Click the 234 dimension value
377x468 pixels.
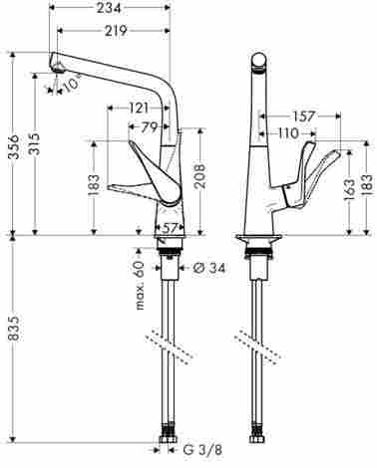[x=109, y=8]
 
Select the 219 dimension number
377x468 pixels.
[x=116, y=31]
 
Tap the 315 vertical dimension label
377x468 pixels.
[x=36, y=143]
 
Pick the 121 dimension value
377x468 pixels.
[x=138, y=108]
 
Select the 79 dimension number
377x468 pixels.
[x=149, y=127]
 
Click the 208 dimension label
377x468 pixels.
[x=199, y=176]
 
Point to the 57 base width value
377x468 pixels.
[x=170, y=228]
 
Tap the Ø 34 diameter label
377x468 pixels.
[x=208, y=268]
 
